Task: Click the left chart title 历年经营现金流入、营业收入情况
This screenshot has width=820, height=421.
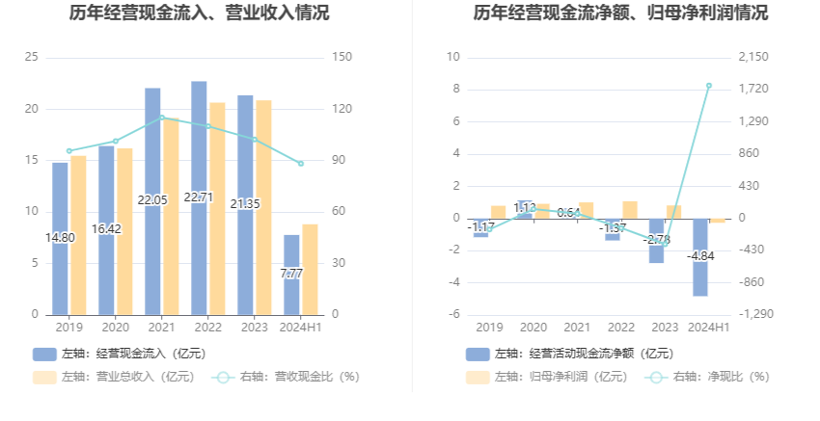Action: [199, 13]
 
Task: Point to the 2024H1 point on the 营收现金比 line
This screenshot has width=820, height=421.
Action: [301, 164]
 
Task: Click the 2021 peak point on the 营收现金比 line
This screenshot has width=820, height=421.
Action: [162, 118]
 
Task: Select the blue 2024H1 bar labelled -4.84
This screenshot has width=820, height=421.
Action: [700, 257]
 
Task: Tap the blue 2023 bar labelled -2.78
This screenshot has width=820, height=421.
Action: [656, 240]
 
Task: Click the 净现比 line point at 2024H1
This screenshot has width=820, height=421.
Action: [709, 86]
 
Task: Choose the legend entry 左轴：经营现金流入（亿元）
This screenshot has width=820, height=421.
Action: [120, 354]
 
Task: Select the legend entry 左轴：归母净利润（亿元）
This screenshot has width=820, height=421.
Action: [541, 377]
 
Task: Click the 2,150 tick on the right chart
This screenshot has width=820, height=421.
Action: [752, 57]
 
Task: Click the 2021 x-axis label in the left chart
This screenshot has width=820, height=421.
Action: [162, 328]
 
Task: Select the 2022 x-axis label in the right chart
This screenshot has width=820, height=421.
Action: [621, 328]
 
